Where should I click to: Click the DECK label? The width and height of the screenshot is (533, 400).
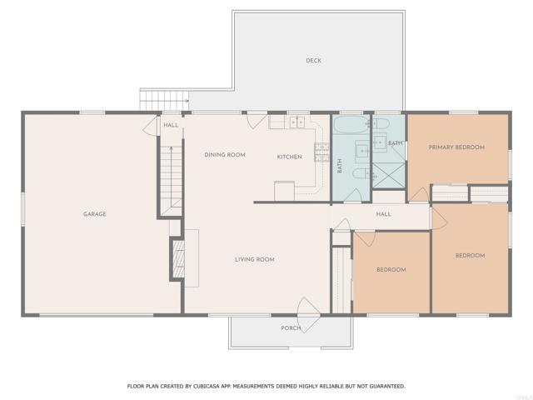click(313, 61)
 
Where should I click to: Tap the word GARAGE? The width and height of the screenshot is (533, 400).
click(95, 214)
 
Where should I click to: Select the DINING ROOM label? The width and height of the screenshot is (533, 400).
click(225, 155)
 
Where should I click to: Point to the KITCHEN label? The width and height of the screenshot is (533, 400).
click(289, 157)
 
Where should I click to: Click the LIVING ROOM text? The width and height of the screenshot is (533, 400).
click(255, 259)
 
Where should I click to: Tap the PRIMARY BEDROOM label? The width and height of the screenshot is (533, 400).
click(456, 147)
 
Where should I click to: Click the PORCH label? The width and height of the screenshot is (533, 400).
click(291, 328)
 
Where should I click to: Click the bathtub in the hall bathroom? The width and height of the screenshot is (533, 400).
click(351, 125)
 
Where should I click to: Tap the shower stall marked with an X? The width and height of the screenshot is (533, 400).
click(389, 175)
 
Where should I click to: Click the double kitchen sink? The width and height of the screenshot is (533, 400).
click(297, 122)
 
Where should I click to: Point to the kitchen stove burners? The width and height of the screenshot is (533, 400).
click(322, 152)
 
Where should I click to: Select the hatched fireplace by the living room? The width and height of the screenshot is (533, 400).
click(178, 259)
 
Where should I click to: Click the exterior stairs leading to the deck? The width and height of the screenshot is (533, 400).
click(164, 100)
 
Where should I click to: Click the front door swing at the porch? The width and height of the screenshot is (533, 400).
click(309, 315)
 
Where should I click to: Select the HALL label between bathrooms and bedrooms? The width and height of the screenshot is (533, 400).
click(383, 214)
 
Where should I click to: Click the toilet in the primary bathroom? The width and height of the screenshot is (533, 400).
click(381, 123)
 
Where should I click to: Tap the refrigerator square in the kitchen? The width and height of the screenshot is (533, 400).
click(284, 191)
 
